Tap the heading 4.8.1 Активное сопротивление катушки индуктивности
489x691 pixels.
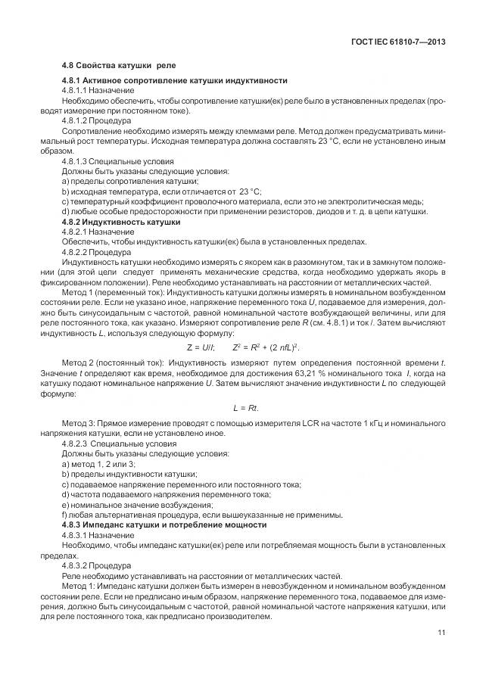pos(174,81)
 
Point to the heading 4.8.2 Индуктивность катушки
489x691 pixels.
pos(121,223)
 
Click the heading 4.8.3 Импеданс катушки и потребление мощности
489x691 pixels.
pos(164,524)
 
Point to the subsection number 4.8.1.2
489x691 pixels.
pos(77,120)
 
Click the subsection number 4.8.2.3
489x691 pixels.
pos(77,443)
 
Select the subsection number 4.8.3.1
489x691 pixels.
pos(77,534)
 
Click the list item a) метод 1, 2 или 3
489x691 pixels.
pos(98,463)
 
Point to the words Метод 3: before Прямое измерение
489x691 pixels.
pos(77,423)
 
